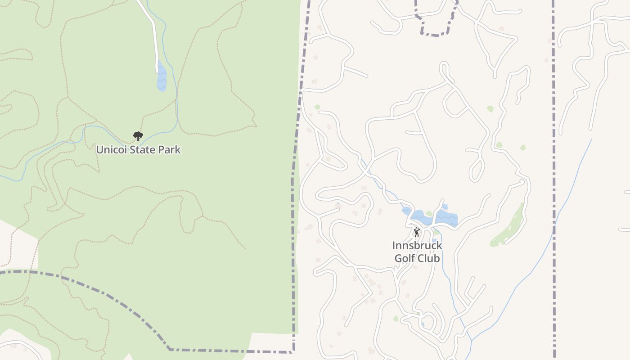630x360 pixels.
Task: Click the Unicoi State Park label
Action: coord(138,149)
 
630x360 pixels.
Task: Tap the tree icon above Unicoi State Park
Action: coord(138,136)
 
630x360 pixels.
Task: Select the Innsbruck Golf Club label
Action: coord(417,252)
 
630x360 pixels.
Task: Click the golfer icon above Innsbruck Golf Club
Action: coord(417,232)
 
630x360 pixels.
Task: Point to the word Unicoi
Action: coord(112,149)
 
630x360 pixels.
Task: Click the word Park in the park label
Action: coord(170,149)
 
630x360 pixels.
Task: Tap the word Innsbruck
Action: coord(417,246)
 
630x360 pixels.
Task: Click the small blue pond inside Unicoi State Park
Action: coord(162,78)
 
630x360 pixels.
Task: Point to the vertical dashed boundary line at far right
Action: coord(553,180)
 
